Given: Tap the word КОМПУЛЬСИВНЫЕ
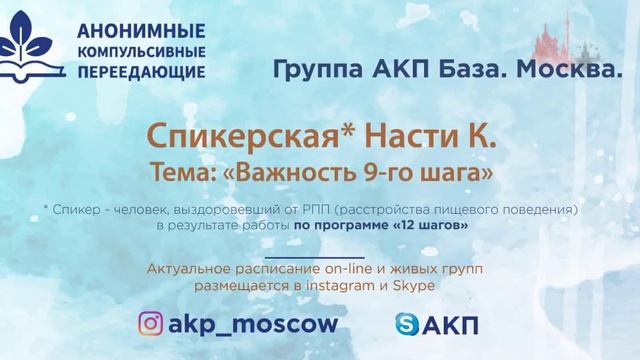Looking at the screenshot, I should (140, 50).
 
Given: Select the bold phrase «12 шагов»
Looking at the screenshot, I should (433, 226).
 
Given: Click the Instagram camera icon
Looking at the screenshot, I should (151, 323).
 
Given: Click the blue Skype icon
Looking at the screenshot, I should (407, 324).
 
